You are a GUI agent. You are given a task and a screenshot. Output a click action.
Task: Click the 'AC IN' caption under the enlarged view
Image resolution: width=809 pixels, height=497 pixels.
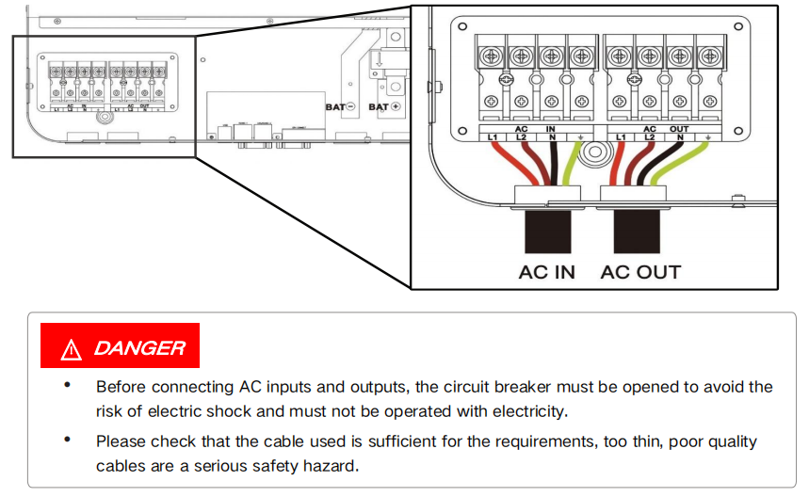click(x=546, y=272)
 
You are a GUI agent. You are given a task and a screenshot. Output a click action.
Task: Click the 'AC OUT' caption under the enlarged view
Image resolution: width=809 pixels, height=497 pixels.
click(x=640, y=272)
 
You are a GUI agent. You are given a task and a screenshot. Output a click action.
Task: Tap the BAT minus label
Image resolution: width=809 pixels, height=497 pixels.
click(x=339, y=107)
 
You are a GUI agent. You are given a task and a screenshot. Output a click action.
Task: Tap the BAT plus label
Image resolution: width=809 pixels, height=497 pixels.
click(x=384, y=107)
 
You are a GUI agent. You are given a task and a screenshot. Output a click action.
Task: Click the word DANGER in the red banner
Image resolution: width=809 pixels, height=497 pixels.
click(x=139, y=348)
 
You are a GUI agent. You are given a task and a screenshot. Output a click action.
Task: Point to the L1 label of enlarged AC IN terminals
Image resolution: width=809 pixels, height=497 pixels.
click(x=492, y=137)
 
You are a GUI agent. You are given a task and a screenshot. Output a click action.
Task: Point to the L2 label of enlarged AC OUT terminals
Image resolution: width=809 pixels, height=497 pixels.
click(x=649, y=137)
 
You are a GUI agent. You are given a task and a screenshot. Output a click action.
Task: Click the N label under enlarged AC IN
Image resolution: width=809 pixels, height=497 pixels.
click(x=552, y=137)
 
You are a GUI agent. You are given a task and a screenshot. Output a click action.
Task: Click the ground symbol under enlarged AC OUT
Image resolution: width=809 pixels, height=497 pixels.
click(x=708, y=137)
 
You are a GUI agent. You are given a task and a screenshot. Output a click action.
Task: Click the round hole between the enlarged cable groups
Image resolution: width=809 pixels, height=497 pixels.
click(x=592, y=155)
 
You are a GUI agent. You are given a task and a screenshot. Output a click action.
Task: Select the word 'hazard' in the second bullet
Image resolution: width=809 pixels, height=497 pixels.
click(x=332, y=466)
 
